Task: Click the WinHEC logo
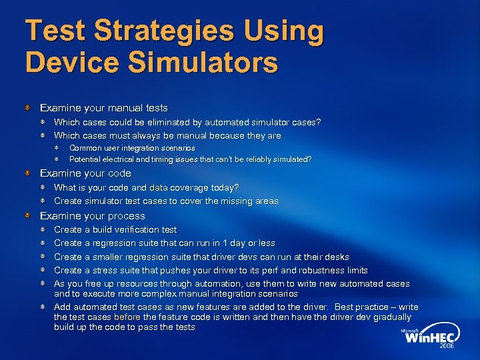point(431,338)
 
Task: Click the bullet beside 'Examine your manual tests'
point(27,107)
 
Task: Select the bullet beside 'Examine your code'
point(27,173)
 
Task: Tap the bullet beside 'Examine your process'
point(27,216)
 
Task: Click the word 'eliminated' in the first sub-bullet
point(154,122)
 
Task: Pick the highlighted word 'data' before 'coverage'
point(159,188)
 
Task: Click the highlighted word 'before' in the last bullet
point(127,317)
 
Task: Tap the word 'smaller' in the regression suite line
point(109,257)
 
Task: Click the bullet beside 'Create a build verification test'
point(43,230)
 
